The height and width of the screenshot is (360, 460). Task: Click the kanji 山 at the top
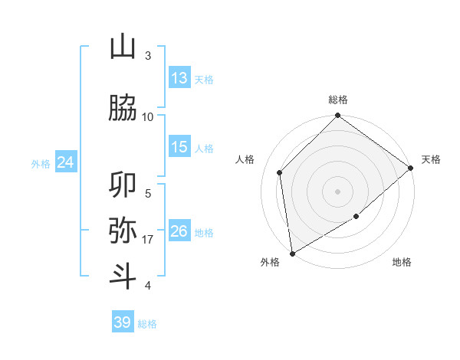point(123,47)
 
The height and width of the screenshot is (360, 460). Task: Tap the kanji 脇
point(123,109)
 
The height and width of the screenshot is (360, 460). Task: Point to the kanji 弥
point(123,230)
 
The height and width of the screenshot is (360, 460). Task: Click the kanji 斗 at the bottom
point(123,275)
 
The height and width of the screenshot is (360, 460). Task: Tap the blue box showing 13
point(179,78)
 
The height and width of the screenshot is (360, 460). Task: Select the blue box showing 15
point(179,147)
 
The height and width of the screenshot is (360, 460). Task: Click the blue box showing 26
point(179,231)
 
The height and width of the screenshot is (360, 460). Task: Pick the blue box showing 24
point(66,162)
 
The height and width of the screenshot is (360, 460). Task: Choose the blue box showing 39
point(123,322)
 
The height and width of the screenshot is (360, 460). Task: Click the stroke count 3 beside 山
point(148,56)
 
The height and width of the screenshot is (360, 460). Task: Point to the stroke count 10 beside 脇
point(148,117)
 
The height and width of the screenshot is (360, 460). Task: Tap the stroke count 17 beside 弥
point(148,240)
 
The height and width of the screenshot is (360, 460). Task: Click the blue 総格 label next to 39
point(147,324)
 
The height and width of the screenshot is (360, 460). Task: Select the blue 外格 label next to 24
point(41,164)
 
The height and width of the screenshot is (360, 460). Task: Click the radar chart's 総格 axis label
point(338,100)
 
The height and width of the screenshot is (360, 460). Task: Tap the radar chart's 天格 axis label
point(431,159)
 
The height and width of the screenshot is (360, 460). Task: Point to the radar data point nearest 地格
point(356,217)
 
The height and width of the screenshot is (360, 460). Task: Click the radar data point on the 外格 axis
point(292,254)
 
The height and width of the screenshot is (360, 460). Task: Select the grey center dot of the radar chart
point(338,191)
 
